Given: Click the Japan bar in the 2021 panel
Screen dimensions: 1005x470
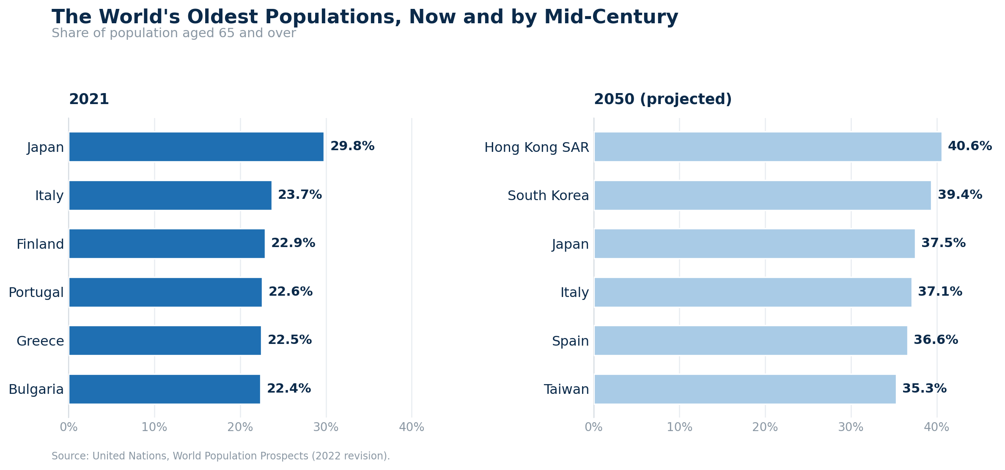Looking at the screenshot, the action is [196, 147].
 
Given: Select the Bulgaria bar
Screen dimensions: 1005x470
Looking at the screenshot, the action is [165, 389].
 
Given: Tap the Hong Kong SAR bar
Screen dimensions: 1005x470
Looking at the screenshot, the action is [768, 147].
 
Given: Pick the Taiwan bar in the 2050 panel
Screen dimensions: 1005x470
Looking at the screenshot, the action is [745, 389].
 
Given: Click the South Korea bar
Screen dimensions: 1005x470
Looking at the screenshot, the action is [763, 195].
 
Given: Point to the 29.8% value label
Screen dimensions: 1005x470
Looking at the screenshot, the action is [352, 146].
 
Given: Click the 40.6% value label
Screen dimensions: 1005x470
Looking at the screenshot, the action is [970, 146].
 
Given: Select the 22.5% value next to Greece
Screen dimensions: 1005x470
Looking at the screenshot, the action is [290, 340].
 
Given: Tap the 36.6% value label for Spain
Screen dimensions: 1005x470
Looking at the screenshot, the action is [936, 340].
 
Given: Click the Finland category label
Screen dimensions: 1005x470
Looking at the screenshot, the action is [40, 245].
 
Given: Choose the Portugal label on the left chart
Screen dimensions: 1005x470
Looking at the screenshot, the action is [36, 293].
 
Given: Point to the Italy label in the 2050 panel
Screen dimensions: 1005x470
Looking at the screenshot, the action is [574, 293].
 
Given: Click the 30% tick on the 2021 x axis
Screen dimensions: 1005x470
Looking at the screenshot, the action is [326, 427].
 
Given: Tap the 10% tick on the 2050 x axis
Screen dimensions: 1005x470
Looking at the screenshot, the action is [679, 427].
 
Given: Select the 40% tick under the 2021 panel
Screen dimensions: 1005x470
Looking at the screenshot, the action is [412, 427].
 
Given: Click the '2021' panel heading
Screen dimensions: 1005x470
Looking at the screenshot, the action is [89, 99].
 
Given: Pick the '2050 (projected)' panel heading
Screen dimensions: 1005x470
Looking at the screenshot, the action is [663, 99].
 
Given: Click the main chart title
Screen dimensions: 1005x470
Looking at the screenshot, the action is [365, 17].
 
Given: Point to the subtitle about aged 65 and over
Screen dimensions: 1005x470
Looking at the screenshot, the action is [173, 33].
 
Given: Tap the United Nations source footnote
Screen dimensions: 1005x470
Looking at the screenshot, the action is [220, 456].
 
